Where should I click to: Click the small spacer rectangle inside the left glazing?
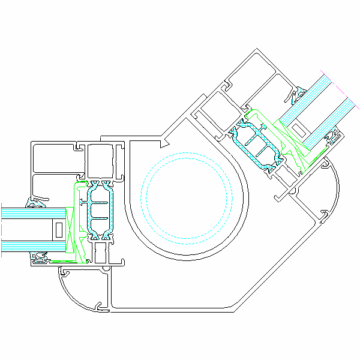[59, 229]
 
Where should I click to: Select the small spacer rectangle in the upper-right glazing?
[298, 128]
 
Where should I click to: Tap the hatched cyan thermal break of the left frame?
[99, 213]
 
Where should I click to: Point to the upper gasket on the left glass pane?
[37, 202]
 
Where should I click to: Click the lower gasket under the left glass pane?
[41, 259]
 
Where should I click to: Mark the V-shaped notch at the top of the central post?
[163, 142]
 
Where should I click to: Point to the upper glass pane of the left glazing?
[33, 212]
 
